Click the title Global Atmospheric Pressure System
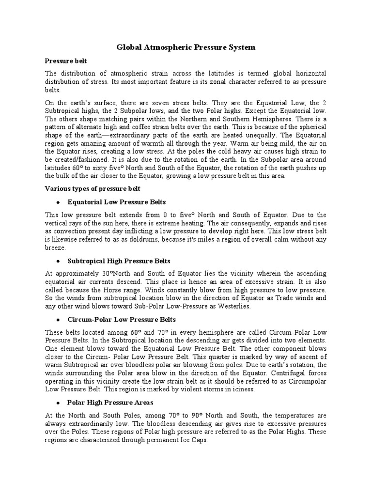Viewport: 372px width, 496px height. (x=186, y=47)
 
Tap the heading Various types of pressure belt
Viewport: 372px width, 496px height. (x=93, y=188)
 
